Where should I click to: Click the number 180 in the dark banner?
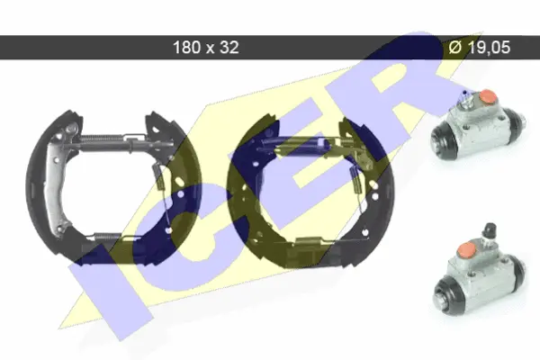tap(186, 47)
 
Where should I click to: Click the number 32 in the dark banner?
tap(229, 47)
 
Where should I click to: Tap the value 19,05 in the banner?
tap(489, 47)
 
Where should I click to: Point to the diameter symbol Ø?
tap(455, 47)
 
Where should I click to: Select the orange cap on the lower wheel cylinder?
tap(467, 249)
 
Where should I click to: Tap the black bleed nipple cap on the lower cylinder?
tap(490, 229)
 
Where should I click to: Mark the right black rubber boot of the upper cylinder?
tap(516, 122)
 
